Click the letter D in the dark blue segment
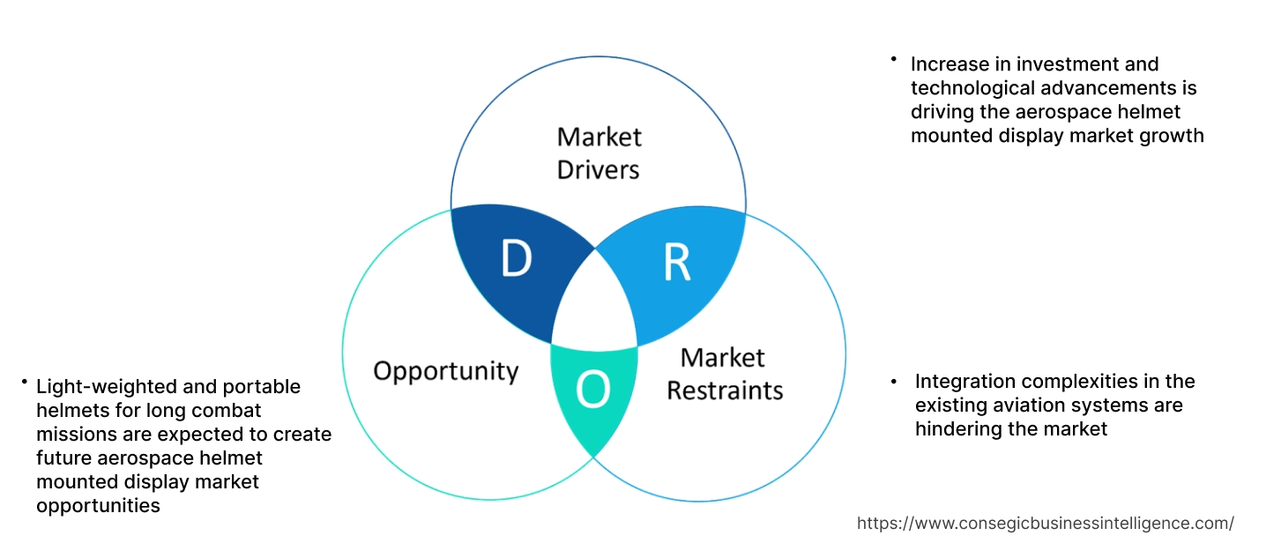pyautogui.click(x=516, y=258)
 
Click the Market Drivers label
pyautogui.click(x=599, y=153)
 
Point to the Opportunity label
pyautogui.click(x=445, y=370)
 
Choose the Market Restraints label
pyautogui.click(x=724, y=374)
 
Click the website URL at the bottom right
pyautogui.click(x=1045, y=523)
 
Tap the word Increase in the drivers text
pyautogui.click(x=946, y=64)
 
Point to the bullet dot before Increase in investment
pyautogui.click(x=893, y=60)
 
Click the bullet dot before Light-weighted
pyautogui.click(x=24, y=383)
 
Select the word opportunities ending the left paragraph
pyautogui.click(x=98, y=506)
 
